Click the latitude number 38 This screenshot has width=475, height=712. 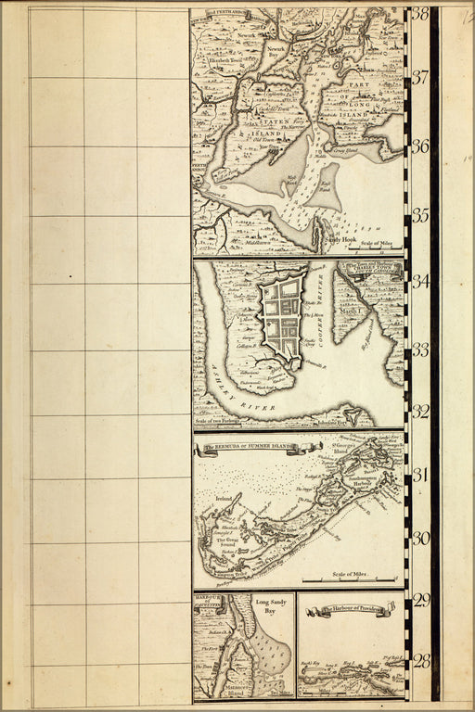pyautogui.click(x=420, y=14)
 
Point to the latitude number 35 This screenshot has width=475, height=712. pyautogui.click(x=420, y=216)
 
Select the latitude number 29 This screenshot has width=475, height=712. pyautogui.click(x=421, y=601)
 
